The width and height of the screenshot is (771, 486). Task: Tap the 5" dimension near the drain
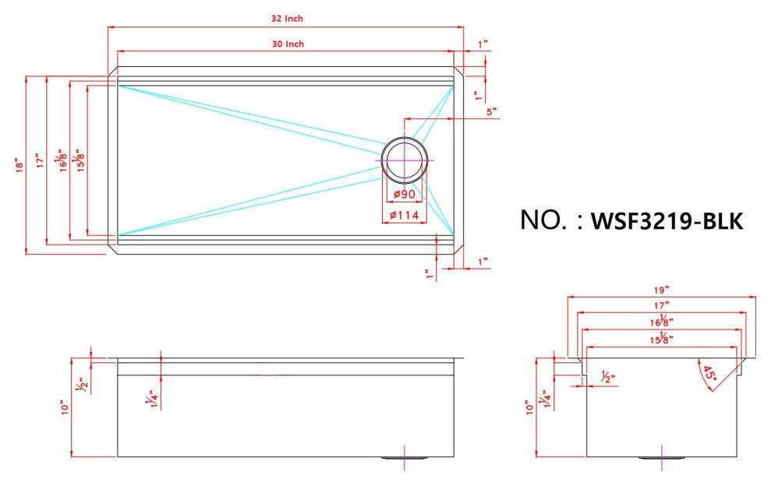[491, 111]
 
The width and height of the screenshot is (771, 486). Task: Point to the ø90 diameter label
[404, 194]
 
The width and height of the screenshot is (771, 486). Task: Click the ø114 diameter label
[404, 215]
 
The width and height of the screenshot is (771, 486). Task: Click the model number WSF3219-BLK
[667, 221]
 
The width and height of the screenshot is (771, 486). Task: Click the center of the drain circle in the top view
[405, 160]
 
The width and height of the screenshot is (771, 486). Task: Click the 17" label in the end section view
[663, 305]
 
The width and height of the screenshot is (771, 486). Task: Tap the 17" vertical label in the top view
[39, 164]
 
